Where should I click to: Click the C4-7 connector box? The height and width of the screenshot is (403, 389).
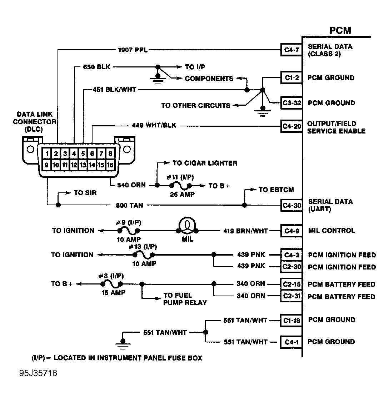coord(291,50)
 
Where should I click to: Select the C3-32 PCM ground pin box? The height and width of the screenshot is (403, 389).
coord(291,103)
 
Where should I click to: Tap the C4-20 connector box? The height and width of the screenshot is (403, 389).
coord(291,126)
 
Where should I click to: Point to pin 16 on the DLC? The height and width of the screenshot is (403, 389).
coord(110,165)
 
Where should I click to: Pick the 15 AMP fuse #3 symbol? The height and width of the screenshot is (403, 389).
coord(111,284)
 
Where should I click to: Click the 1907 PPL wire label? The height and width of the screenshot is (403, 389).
coord(133,50)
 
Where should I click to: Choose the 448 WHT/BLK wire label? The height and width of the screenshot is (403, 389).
coord(154,126)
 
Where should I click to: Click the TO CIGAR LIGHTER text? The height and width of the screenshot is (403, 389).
coord(205,163)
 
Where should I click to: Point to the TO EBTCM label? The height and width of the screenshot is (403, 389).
coord(276,190)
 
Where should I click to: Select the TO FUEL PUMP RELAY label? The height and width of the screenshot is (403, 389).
coord(185,299)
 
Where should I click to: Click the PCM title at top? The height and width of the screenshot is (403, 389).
coord(340,30)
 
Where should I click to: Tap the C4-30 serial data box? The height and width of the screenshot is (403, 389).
coord(291,205)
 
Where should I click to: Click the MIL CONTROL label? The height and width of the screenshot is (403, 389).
coord(331,231)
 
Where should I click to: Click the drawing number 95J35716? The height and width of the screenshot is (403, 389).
coord(38,374)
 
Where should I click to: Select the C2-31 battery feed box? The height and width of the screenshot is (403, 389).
coord(291,296)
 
